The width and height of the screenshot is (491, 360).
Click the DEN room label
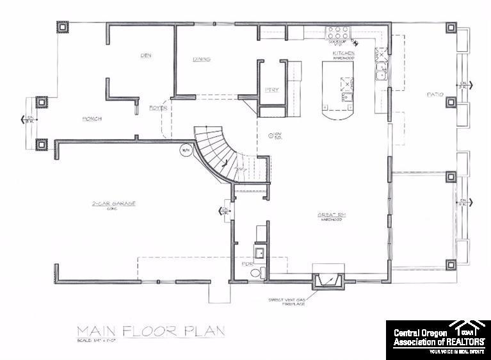[145, 55]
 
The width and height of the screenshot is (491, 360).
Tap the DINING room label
[202, 60]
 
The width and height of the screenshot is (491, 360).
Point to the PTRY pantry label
[271, 90]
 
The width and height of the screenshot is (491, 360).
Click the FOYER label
[158, 108]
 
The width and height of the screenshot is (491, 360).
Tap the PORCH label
[93, 119]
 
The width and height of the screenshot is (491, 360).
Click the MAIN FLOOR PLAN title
[150, 332]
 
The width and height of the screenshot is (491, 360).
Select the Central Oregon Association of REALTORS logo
[438, 340]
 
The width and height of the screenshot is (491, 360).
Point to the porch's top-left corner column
[63, 28]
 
